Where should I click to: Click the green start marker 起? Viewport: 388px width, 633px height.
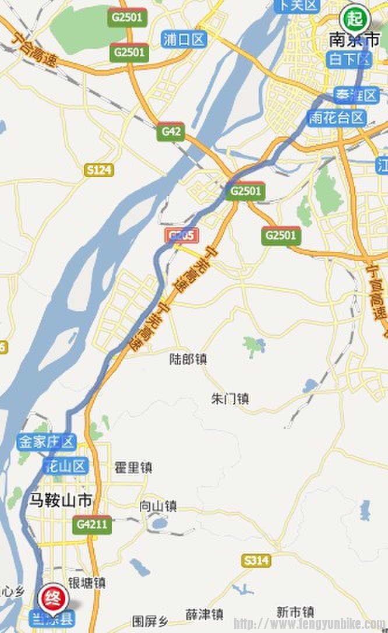354,18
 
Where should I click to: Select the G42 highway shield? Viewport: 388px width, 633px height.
171,132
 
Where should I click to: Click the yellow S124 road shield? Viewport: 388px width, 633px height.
98,170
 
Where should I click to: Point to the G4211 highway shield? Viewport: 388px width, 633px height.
92,524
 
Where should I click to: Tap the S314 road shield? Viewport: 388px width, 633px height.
256,561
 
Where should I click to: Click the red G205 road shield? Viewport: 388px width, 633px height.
181,235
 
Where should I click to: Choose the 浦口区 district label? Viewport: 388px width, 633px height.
184,40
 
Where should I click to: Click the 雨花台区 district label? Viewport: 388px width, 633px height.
337,118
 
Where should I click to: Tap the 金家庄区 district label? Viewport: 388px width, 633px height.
47,442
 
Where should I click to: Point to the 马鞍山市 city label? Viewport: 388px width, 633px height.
61,500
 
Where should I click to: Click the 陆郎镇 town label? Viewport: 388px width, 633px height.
187,359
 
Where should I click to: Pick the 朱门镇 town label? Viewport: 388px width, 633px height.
230,399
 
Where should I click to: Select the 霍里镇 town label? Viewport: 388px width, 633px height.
133,467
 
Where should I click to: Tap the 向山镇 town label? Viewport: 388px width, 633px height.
158,507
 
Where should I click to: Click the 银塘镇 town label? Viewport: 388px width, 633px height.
87,582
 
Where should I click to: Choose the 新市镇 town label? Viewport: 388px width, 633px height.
295,612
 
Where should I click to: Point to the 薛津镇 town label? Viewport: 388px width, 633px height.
204,614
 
